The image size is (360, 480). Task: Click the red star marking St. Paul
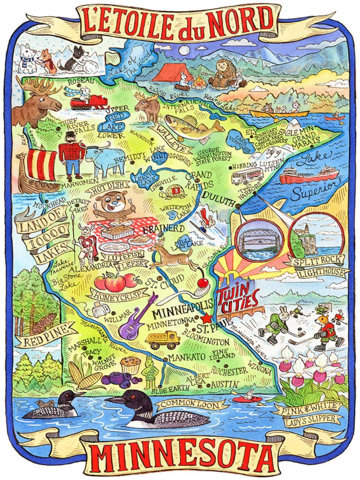pyautogui.click(x=208, y=317)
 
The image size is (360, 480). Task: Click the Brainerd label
pyautogui.click(x=163, y=229)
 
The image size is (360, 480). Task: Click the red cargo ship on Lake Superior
pyautogui.click(x=308, y=175)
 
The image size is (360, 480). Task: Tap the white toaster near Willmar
pyautogui.click(x=99, y=310)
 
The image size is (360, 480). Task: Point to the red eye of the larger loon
pyautogui.click(x=132, y=397)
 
